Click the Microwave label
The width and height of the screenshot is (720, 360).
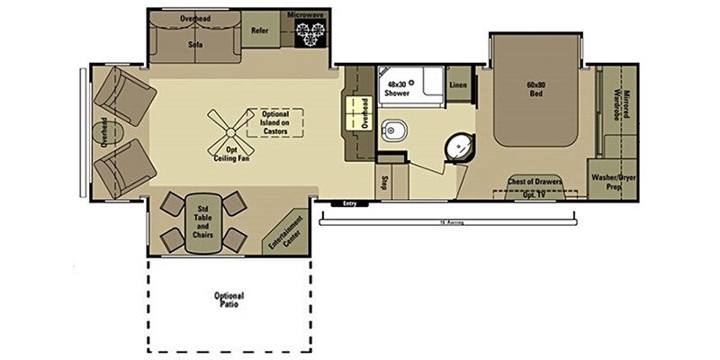pos(307,15)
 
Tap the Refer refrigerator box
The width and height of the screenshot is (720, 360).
pos(260,31)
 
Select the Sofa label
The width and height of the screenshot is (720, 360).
pos(194,42)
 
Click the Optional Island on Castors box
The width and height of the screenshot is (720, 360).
pos(274,123)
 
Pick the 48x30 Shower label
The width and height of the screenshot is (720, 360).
pos(398,87)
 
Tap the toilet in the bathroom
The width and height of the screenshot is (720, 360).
pos(394,132)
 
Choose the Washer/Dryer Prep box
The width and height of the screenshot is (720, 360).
pos(614,183)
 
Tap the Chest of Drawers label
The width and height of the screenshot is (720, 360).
pos(536,182)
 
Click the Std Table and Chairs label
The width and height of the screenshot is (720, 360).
pos(202,221)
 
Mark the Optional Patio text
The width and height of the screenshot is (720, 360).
pos(229,301)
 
